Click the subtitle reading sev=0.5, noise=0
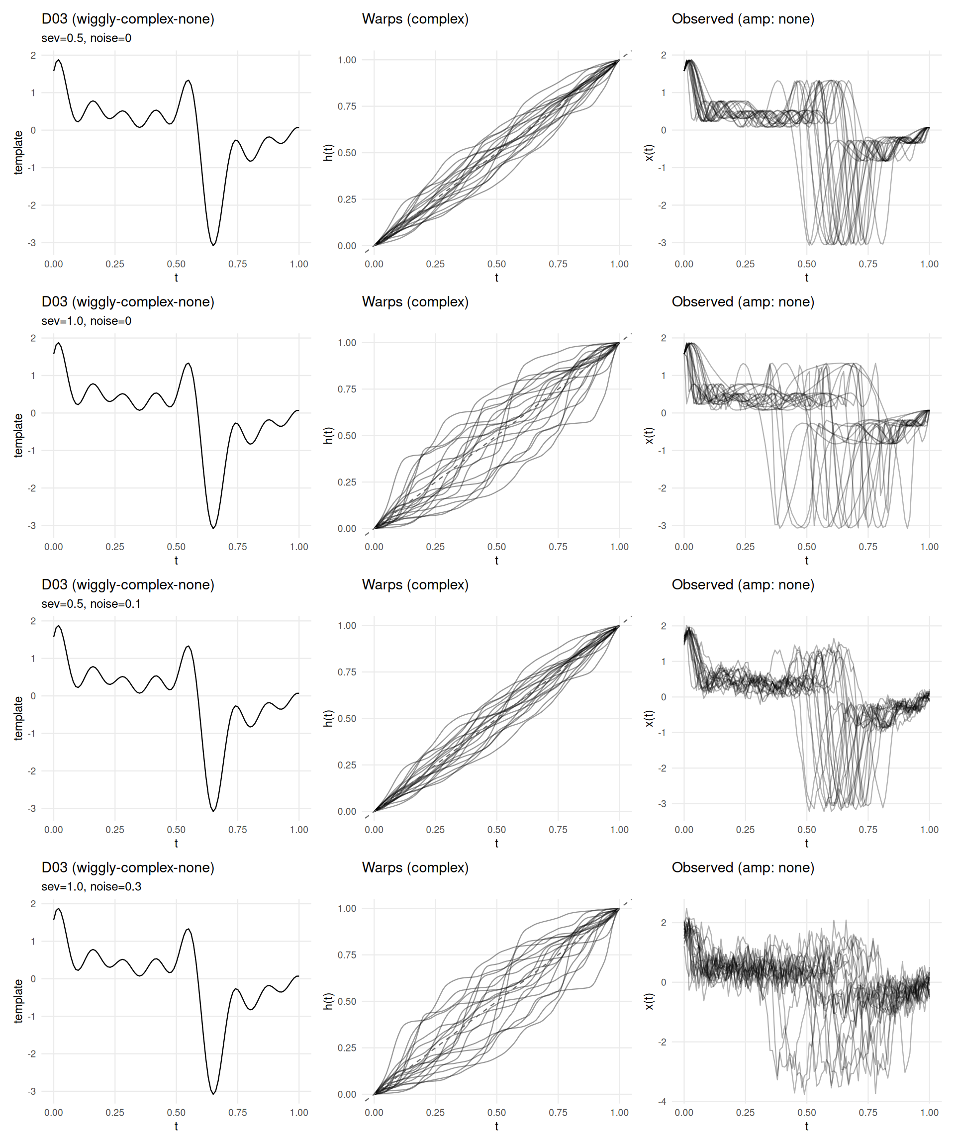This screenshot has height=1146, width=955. point(86,38)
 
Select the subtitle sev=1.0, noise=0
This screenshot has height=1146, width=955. point(86,321)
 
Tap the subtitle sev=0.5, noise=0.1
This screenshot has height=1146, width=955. point(91,603)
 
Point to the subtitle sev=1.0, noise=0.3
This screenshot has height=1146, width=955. point(91,886)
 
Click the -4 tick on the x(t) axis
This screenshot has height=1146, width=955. point(662,1101)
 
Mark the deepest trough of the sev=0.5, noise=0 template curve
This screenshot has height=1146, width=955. point(213,245)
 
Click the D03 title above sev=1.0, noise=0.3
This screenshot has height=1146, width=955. point(128,867)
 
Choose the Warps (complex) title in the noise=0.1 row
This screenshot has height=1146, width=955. point(415,585)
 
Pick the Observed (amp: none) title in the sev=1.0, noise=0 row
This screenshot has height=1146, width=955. point(743,302)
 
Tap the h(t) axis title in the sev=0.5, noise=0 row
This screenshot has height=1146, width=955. point(328,153)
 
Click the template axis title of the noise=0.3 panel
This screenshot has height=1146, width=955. point(18,1001)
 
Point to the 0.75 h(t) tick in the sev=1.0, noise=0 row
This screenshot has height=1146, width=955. point(347,389)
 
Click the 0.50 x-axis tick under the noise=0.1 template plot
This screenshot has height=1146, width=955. point(176,830)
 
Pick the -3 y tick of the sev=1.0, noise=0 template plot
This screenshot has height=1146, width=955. point(32,526)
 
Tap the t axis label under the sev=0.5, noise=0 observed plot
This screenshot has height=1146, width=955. point(807,277)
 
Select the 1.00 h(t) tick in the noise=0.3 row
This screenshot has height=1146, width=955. point(347,908)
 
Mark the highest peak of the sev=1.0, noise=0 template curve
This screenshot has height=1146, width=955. point(58,343)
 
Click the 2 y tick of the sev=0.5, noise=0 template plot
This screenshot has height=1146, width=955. point(33,55)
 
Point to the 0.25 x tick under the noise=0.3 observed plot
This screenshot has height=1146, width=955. point(745,1112)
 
